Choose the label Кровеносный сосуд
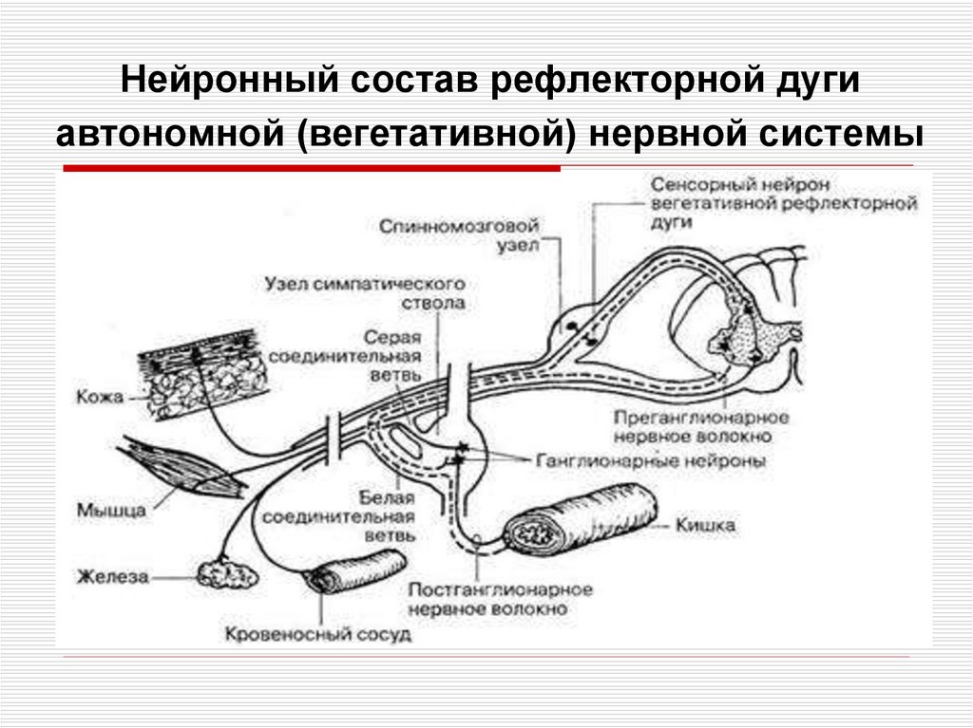click(x=317, y=633)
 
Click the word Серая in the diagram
click(x=393, y=339)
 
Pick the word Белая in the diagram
click(x=387, y=499)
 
